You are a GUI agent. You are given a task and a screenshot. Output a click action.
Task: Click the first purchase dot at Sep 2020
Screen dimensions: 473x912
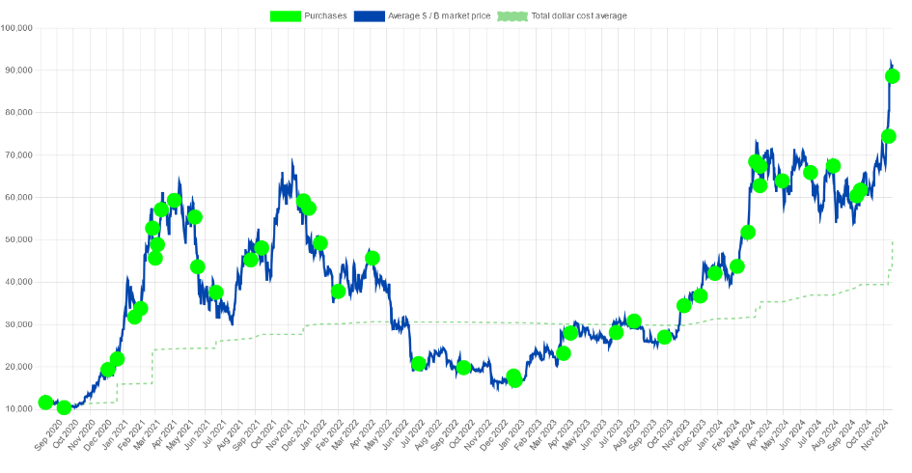(x=45, y=403)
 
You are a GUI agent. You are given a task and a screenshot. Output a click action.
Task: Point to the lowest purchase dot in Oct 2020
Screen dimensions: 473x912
(x=64, y=407)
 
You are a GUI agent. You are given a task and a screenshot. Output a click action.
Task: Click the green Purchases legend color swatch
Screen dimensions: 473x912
(x=286, y=15)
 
